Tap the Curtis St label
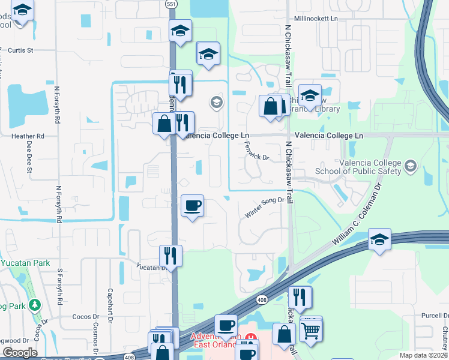click(20, 50)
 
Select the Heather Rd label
click(28, 136)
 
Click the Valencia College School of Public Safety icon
click(411, 166)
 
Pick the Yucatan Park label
click(18, 263)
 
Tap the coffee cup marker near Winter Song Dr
click(192, 206)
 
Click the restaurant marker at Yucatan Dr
click(171, 256)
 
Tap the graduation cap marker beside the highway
click(379, 239)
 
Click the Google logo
click(19, 353)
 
